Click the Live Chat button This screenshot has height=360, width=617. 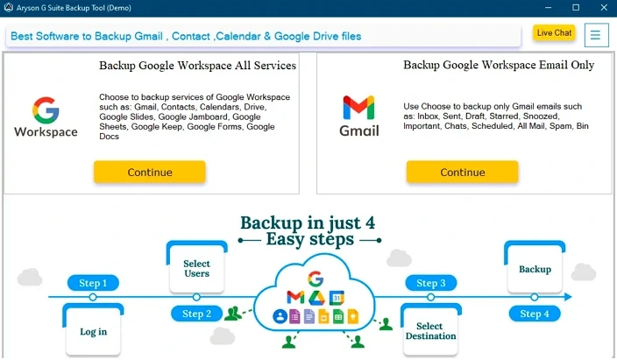tap(554, 33)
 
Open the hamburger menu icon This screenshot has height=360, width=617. tap(596, 35)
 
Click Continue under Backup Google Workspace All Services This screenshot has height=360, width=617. tap(150, 172)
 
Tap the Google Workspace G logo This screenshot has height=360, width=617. tap(46, 110)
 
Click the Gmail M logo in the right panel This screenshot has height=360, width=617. tap(358, 108)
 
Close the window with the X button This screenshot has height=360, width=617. tap(604, 8)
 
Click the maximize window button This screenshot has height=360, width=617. tap(576, 8)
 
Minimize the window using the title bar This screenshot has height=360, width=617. tap(548, 8)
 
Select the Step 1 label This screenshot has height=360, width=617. tap(93, 283)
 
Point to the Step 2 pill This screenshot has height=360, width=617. tap(196, 314)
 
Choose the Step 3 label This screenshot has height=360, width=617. tap(431, 283)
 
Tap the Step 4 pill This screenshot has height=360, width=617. tap(535, 314)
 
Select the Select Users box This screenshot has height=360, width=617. tap(196, 267)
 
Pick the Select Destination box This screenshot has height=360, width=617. tap(431, 329)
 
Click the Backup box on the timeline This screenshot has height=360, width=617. tap(535, 267)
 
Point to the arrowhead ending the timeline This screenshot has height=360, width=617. tap(568, 297)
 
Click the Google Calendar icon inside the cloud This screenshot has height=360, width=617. tap(337, 298)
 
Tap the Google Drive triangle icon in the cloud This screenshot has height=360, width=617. tap(316, 298)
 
